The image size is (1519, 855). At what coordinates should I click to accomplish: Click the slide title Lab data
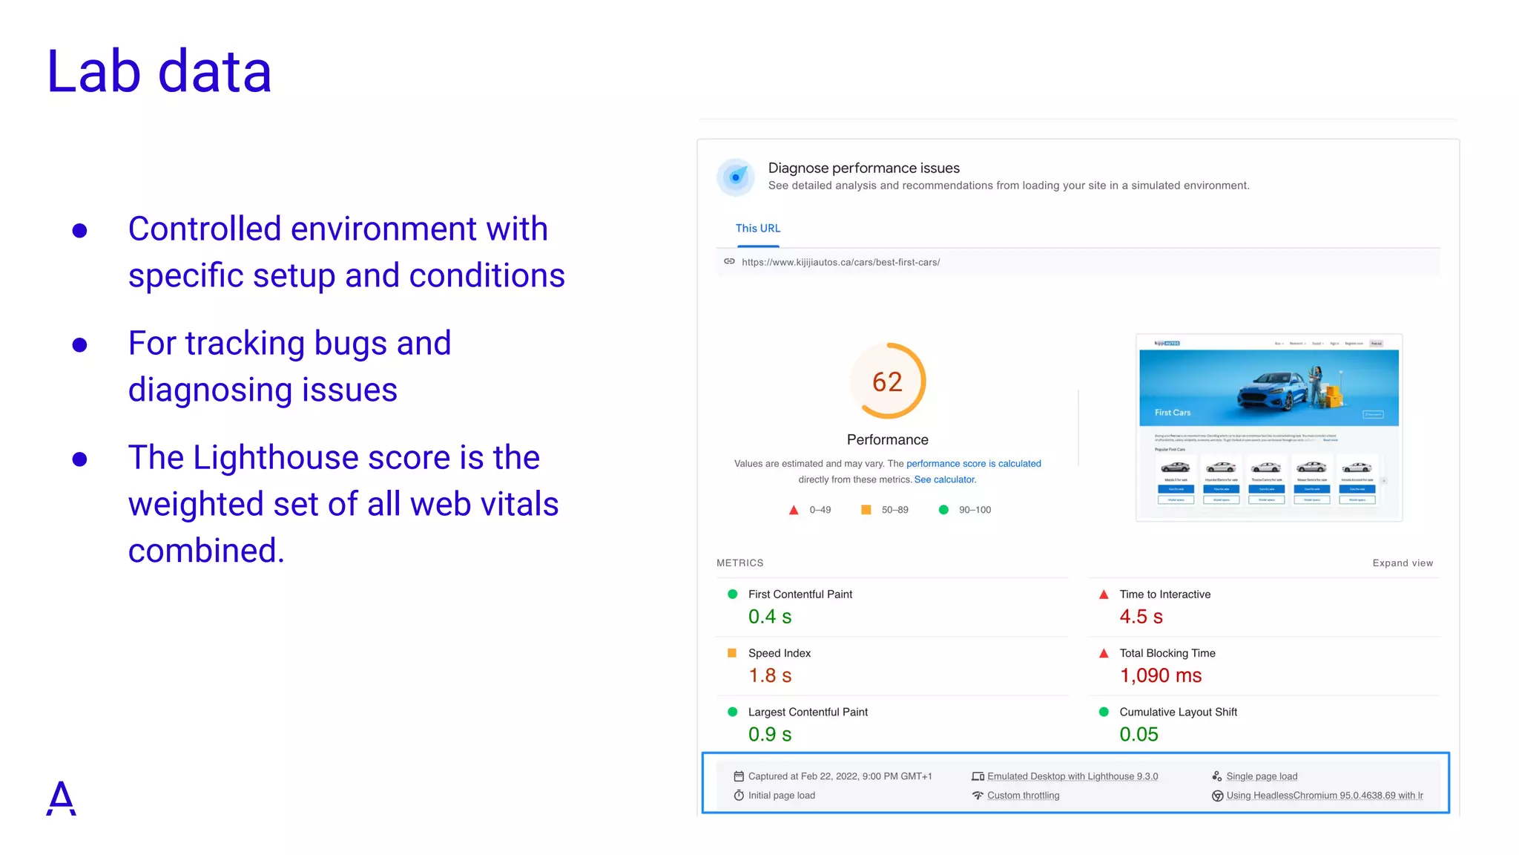tap(159, 71)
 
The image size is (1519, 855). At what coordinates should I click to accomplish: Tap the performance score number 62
tap(887, 382)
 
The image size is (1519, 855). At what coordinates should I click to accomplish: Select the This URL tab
tap(757, 229)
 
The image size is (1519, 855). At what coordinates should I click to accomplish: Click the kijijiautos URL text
tap(840, 262)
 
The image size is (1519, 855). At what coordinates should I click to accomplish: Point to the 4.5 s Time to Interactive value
tap(1141, 617)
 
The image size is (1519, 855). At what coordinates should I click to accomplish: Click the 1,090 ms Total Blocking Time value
tap(1160, 675)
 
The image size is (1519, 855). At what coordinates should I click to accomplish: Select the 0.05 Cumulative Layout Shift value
tap(1139, 734)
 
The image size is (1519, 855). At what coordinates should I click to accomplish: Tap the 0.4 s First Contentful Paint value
tap(769, 617)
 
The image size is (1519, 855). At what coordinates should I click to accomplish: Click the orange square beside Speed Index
tap(732, 653)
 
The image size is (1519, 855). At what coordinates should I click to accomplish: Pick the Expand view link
tap(1402, 563)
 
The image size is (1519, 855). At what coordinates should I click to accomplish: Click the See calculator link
tap(945, 479)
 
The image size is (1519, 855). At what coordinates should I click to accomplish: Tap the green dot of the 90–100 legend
tap(943, 510)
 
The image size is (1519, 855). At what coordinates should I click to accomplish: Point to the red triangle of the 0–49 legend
tap(794, 510)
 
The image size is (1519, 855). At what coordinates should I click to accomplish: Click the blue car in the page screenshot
tap(1270, 389)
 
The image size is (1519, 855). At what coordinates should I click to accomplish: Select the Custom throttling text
tap(1023, 796)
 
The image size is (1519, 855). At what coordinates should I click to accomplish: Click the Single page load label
tap(1261, 776)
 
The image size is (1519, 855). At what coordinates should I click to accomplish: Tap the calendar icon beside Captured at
tap(739, 776)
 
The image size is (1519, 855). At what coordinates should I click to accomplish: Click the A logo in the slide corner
tap(61, 798)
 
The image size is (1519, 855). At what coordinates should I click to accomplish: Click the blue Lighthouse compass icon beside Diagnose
tap(736, 177)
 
